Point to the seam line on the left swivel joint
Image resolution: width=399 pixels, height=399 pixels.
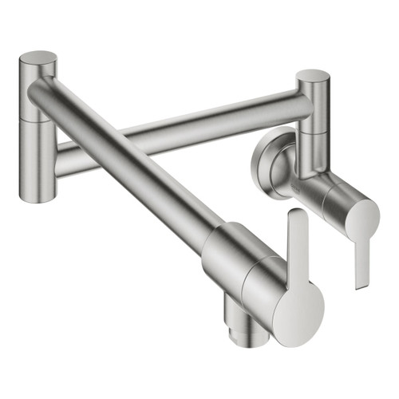click(37, 120)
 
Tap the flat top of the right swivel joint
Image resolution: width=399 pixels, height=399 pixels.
click(312, 76)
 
